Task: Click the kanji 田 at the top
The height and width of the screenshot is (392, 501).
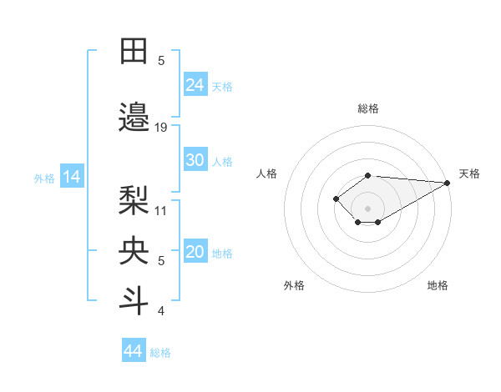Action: point(134,52)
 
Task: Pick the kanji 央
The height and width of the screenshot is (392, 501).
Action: point(134,249)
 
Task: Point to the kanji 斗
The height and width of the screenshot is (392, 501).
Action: point(134,300)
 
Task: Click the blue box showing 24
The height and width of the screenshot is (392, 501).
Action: point(195,84)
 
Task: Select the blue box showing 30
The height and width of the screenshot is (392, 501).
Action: point(195,160)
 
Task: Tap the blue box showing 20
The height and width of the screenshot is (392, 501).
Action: point(195,253)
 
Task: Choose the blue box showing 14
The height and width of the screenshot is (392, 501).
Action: point(72,177)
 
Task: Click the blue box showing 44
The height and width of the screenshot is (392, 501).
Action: point(134,351)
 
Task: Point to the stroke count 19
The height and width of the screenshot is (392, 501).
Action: point(161,128)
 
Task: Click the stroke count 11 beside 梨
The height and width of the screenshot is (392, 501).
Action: point(161,210)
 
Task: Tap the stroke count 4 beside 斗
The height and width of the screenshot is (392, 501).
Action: point(161,312)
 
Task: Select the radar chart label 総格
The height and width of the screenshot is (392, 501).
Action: point(368,108)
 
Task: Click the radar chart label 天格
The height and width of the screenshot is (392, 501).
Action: point(469,173)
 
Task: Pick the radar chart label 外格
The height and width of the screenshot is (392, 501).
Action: point(294,285)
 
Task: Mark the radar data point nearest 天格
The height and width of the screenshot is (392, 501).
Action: point(448,183)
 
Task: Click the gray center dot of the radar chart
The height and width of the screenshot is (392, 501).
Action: point(368,208)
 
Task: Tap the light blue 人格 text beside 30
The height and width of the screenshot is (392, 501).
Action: point(222,161)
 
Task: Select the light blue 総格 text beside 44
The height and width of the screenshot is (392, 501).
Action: point(160,353)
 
